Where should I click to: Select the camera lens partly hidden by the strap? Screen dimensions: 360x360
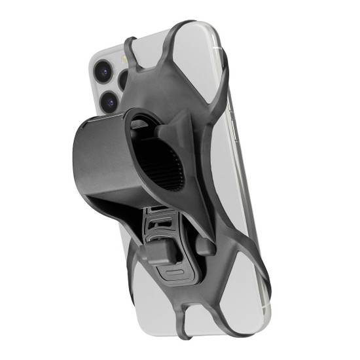click(125, 81)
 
